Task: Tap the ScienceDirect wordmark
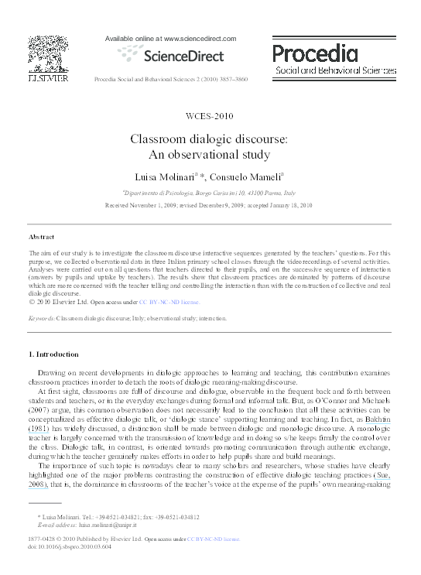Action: [170, 56]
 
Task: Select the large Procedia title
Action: [314, 53]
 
